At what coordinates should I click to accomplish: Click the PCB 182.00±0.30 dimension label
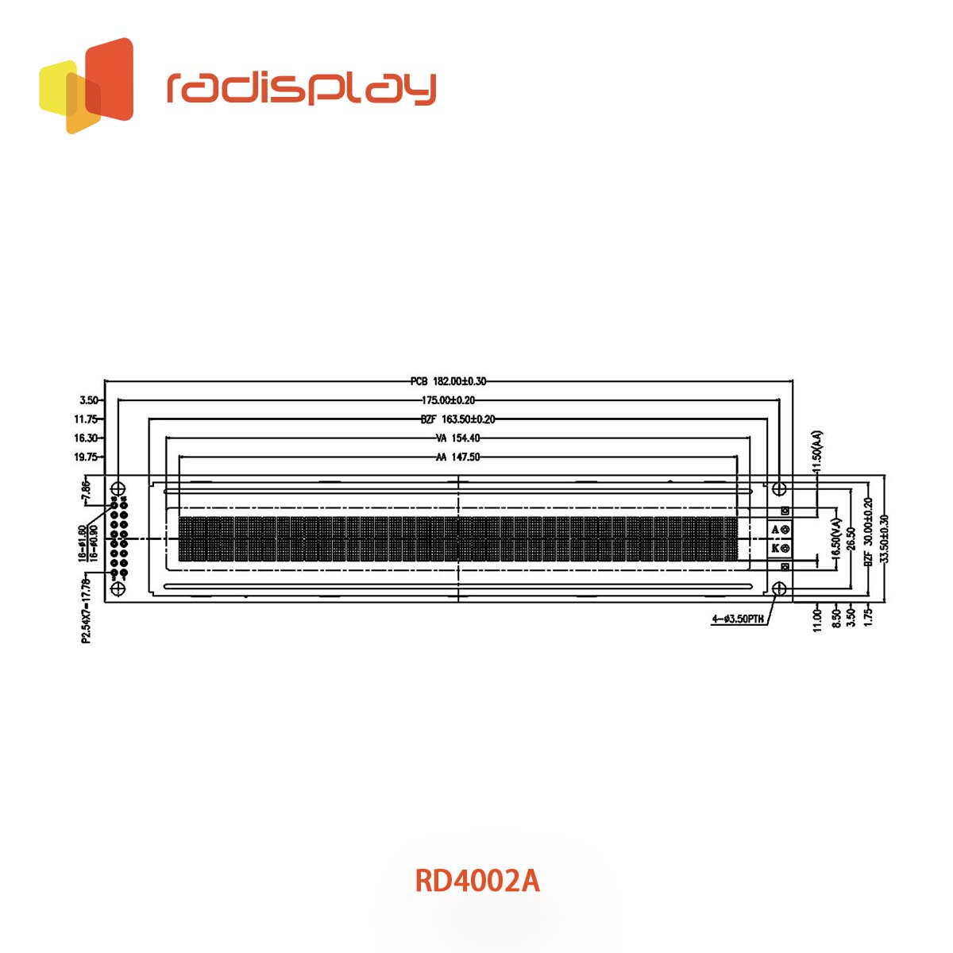coord(449,382)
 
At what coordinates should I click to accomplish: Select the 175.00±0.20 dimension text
coord(449,401)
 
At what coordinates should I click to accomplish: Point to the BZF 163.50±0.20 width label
coord(457,419)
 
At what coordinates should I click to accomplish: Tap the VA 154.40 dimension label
coord(457,438)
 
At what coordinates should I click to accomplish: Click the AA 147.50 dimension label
coord(457,457)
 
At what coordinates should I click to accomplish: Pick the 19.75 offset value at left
coord(85,457)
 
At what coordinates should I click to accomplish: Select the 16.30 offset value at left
coord(85,438)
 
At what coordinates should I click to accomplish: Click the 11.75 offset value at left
coord(85,419)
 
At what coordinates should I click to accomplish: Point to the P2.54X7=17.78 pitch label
coord(86,610)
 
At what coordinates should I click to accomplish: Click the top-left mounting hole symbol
coord(118,487)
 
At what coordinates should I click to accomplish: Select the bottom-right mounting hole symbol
coord(780,588)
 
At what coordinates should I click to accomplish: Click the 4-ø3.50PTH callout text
coord(739,619)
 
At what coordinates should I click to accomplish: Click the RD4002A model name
coord(477,881)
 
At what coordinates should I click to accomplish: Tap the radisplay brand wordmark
coord(302,88)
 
